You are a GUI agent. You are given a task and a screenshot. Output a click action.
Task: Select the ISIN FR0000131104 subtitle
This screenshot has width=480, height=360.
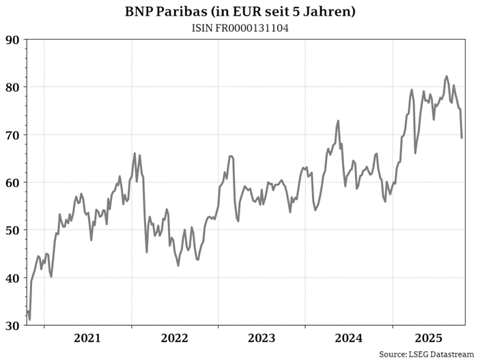click(240, 27)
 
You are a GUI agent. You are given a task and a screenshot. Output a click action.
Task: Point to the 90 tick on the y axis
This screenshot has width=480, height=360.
click(12, 40)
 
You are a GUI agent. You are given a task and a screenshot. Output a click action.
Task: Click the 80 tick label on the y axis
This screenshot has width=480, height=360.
click(12, 87)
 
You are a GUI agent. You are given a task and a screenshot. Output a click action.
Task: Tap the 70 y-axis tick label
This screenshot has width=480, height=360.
click(12, 135)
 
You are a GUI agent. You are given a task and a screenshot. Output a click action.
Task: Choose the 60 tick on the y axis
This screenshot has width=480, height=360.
click(12, 182)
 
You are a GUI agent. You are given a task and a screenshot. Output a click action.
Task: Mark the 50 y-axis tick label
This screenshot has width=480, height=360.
click(12, 230)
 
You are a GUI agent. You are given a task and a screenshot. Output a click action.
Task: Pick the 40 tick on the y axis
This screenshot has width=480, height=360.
click(12, 278)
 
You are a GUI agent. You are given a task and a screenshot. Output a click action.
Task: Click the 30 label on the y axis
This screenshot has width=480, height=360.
click(12, 326)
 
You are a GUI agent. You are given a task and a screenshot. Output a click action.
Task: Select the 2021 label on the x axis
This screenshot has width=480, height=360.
click(87, 338)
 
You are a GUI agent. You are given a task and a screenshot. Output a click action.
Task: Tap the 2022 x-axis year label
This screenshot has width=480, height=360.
click(175, 338)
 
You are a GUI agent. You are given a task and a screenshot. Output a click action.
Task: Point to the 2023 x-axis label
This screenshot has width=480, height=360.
click(262, 338)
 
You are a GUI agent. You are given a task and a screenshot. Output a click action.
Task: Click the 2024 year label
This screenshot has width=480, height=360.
click(350, 338)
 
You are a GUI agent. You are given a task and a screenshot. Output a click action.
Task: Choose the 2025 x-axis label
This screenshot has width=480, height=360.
click(430, 338)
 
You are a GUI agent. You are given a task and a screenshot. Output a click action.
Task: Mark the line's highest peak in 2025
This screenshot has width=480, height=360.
click(447, 77)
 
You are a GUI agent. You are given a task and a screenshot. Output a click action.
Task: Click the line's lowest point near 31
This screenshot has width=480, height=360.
click(29, 319)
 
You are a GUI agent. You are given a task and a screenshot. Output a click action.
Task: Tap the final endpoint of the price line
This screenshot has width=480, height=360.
click(462, 138)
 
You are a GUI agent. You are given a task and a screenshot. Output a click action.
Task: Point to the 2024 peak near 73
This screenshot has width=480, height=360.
click(338, 121)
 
